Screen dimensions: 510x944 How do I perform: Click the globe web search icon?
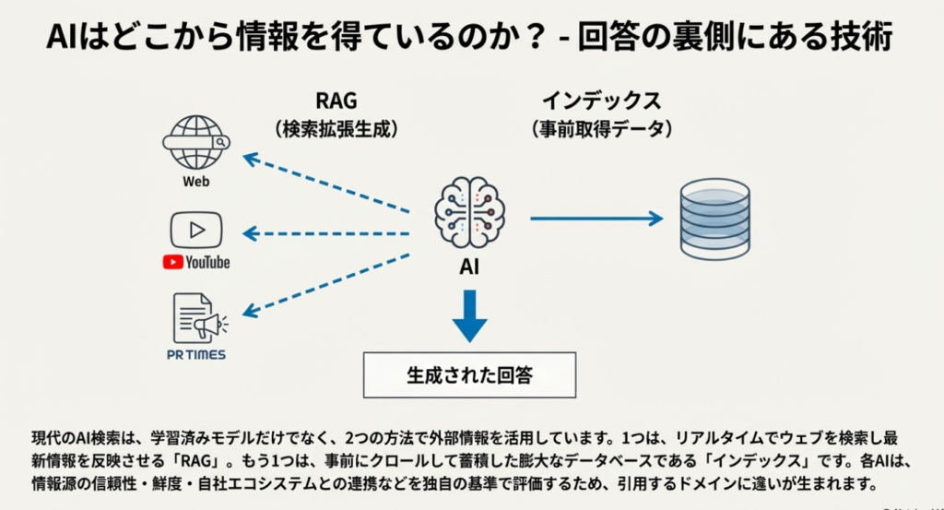195,142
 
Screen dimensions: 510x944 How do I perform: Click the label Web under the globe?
195,182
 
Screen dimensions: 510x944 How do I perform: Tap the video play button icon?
196,230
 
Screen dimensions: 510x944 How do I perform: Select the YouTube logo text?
196,262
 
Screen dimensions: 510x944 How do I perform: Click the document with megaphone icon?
197,318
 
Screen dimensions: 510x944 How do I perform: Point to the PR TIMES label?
196,355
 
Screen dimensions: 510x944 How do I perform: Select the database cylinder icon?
714,218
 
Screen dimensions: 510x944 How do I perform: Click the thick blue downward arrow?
469,314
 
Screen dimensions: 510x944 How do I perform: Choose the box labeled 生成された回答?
469,375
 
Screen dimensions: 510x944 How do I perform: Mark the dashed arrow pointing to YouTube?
327,233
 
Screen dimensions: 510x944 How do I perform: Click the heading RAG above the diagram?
336,101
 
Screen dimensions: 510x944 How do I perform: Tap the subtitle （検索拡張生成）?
336,130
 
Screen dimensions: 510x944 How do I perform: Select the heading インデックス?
601,101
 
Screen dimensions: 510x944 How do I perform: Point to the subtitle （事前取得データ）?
601,130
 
